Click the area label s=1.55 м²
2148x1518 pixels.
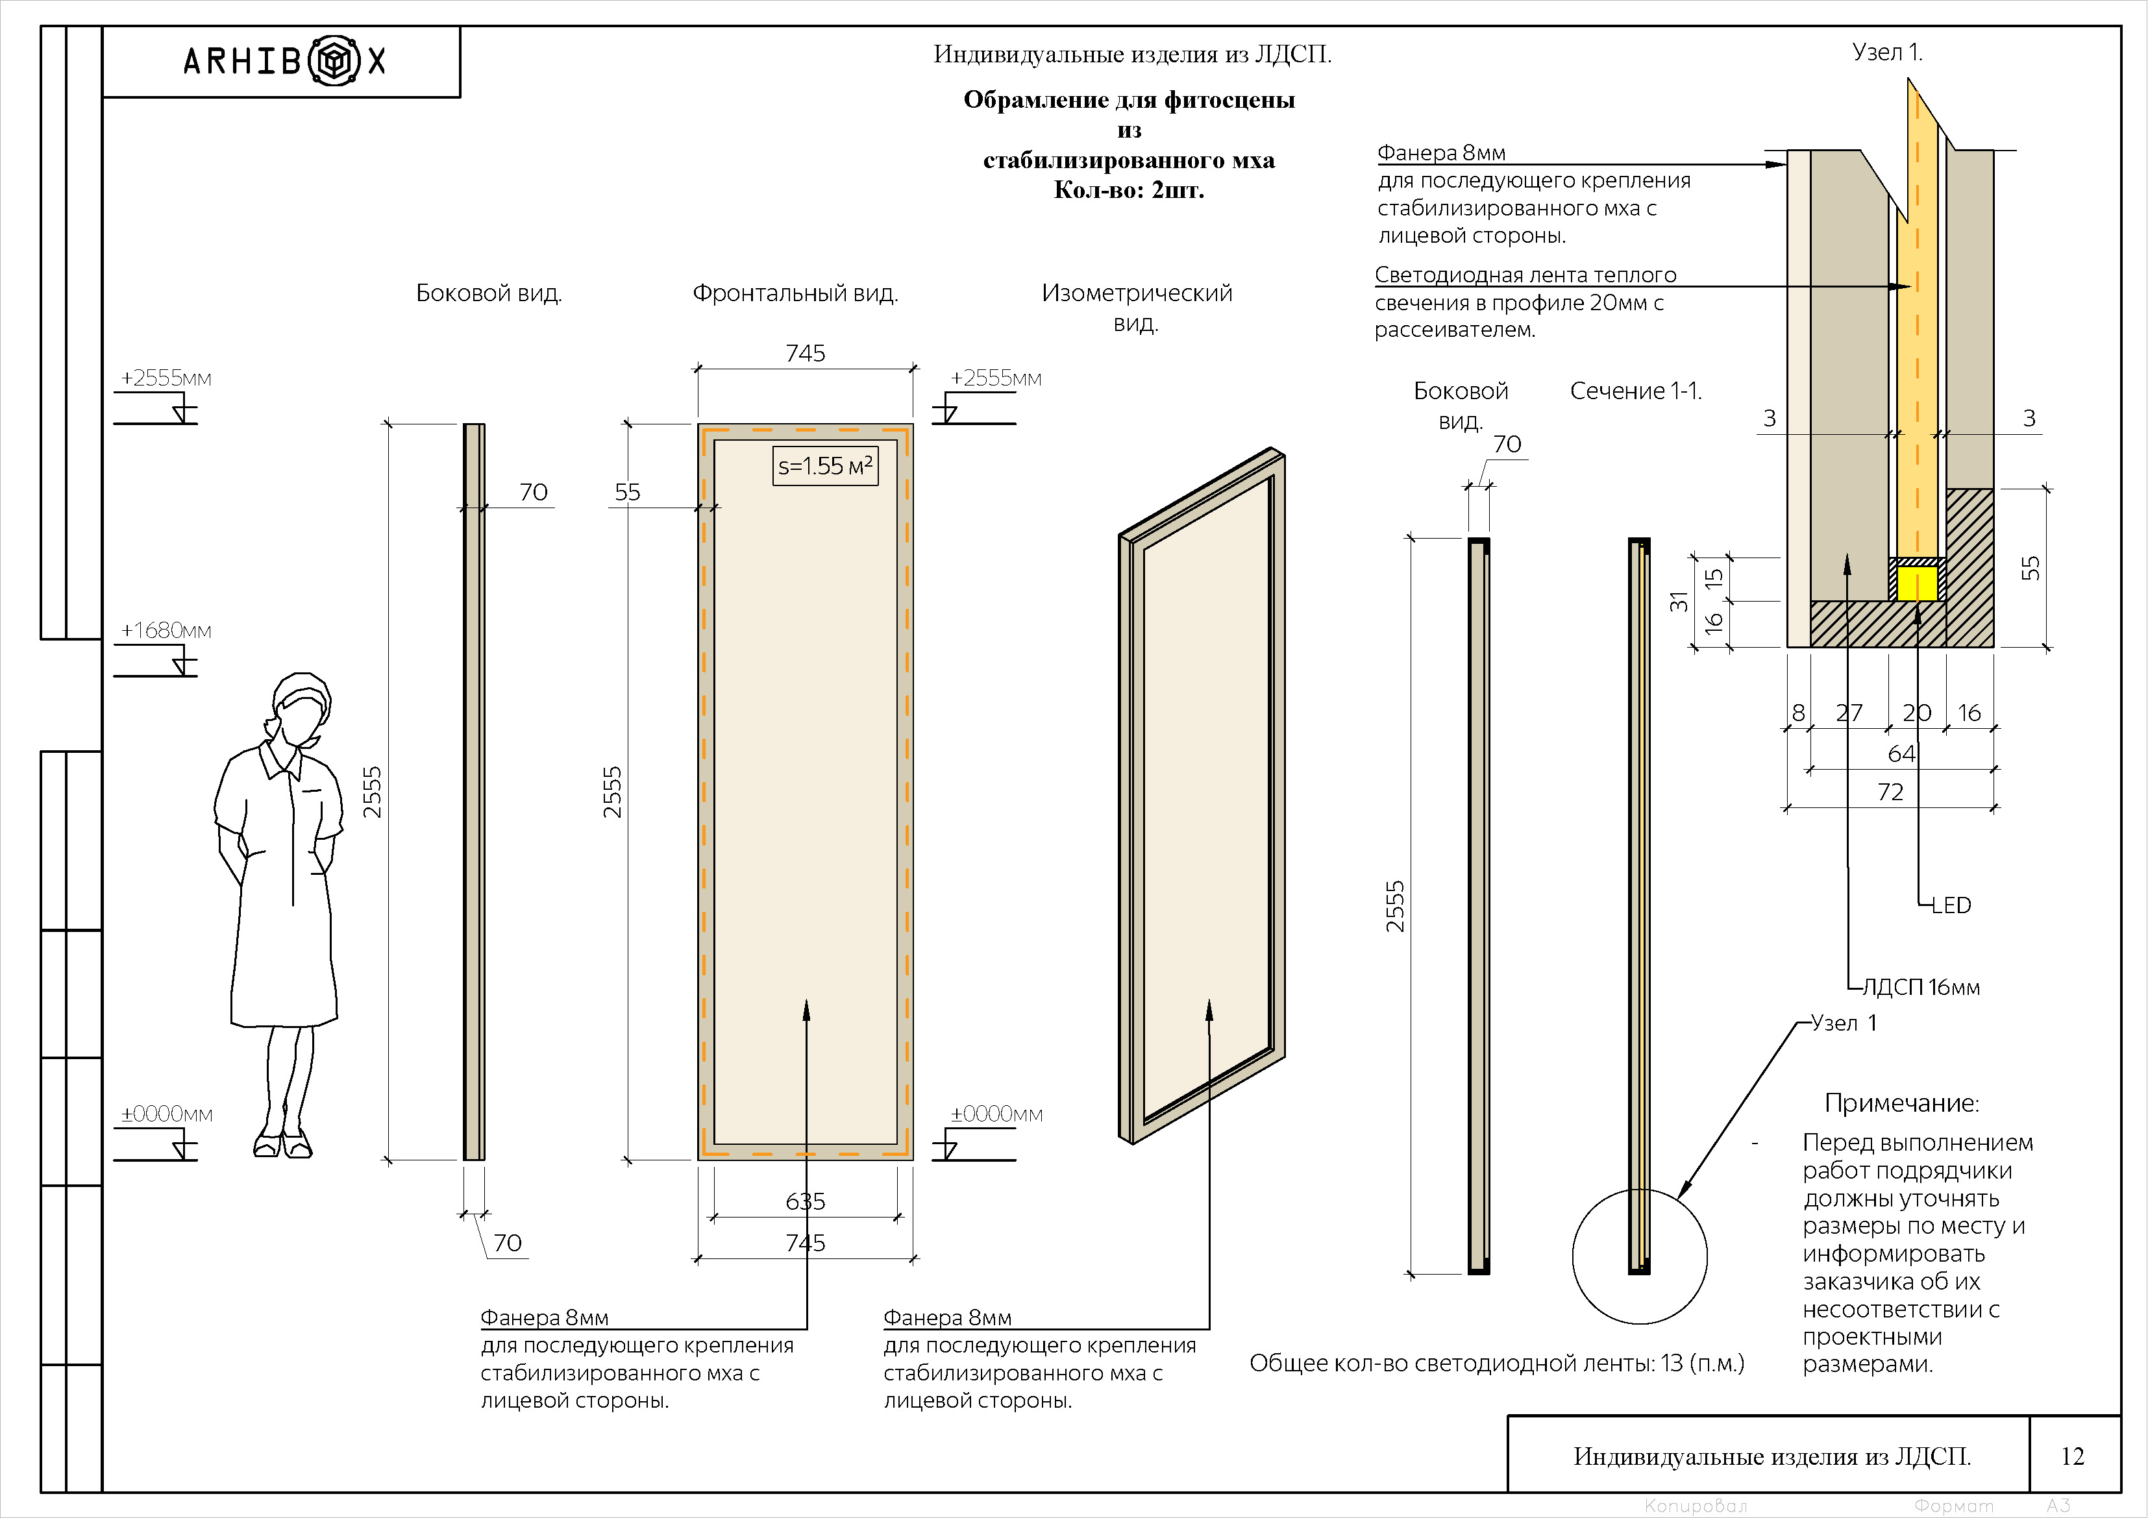[825, 466]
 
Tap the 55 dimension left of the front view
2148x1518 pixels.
[627, 493]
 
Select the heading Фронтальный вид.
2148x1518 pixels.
[795, 294]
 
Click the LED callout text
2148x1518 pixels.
[1951, 905]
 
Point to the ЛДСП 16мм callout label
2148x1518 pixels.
[1921, 988]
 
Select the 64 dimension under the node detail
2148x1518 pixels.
[1901, 754]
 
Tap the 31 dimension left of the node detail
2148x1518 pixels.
[1679, 602]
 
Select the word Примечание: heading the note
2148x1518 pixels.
[1901, 1104]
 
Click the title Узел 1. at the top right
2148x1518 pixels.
[1887, 53]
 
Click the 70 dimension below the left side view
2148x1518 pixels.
[507, 1243]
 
